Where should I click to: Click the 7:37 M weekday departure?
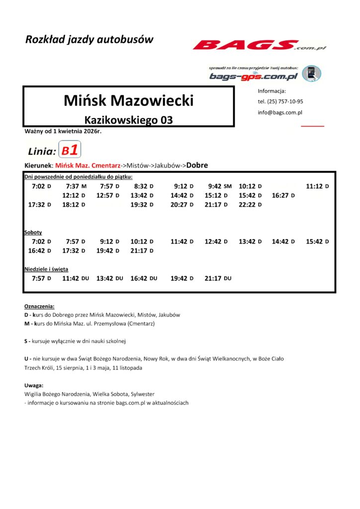[74, 186]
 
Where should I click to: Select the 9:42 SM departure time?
[220, 186]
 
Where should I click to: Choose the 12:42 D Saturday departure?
[216, 242]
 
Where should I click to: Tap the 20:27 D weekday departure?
[181, 205]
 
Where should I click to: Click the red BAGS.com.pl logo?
[259, 46]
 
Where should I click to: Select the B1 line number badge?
[70, 150]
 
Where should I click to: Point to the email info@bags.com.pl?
[280, 112]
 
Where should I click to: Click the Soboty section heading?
[33, 232]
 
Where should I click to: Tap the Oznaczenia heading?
[39, 306]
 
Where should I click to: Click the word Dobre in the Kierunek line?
[197, 165]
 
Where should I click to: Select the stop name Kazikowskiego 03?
[129, 120]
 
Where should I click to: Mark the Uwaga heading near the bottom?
[34, 385]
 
